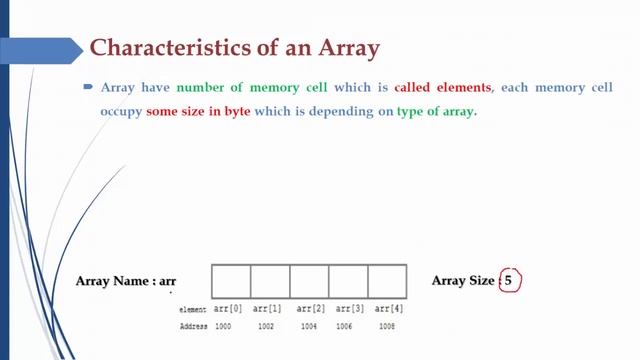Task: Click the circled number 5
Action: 508,281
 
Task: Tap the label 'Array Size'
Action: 463,281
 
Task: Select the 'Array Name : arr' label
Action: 126,281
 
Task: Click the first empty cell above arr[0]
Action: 231,281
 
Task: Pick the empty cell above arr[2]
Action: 309,281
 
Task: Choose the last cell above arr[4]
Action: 387,281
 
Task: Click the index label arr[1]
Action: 269,309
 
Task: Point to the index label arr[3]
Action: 349,309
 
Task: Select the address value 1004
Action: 307,326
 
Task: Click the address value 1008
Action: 387,326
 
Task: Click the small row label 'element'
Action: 192,311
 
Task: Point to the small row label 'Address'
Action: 192,326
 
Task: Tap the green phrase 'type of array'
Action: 436,112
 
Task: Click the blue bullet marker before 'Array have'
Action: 88,88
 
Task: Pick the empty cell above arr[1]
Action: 270,281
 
